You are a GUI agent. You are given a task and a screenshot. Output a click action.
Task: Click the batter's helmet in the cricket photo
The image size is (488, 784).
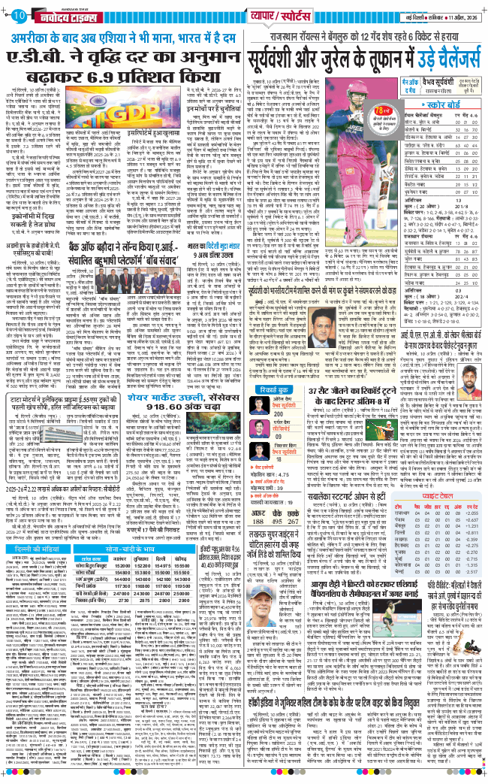pyautogui.click(x=348, y=86)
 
